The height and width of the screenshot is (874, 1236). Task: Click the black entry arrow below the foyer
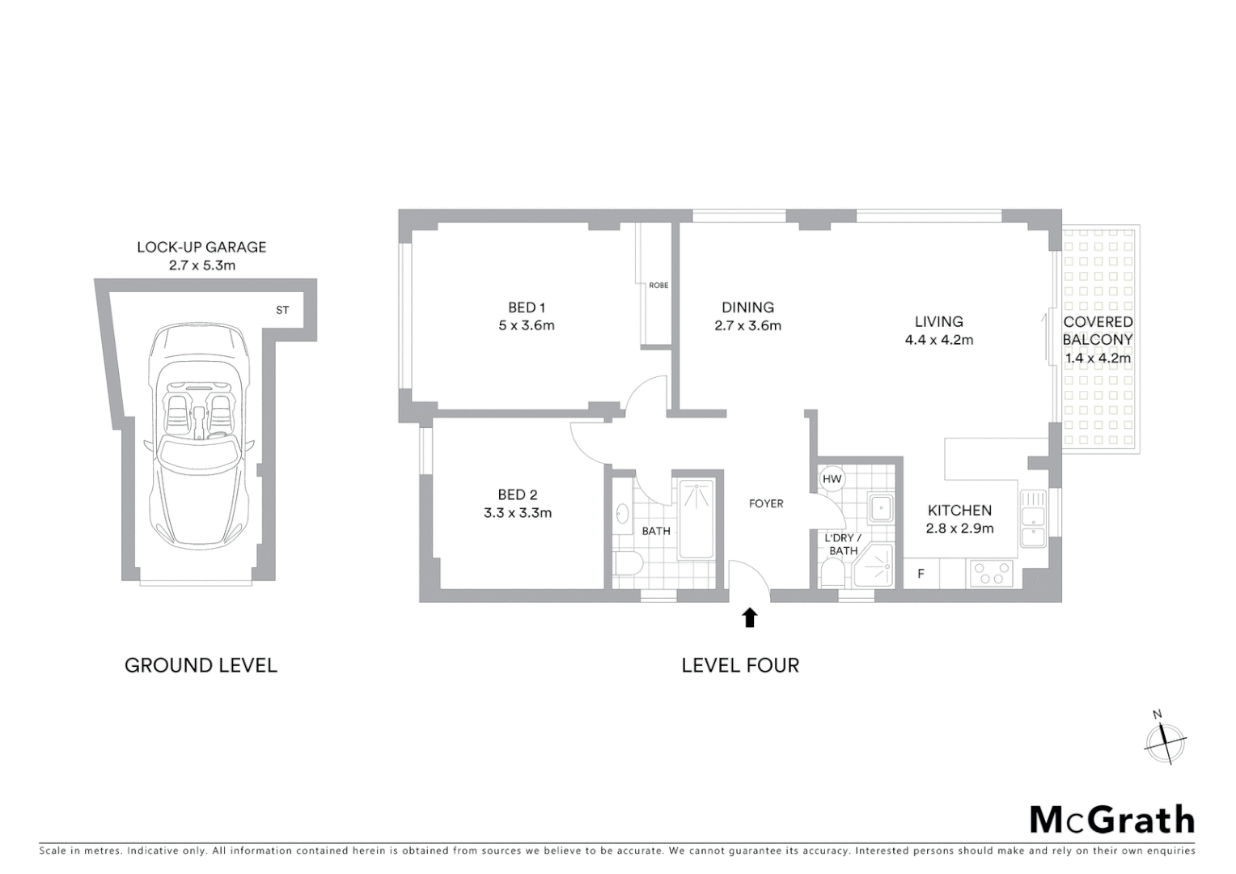[749, 618]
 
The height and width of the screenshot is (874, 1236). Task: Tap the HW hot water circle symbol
[832, 479]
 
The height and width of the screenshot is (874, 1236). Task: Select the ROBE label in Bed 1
[658, 286]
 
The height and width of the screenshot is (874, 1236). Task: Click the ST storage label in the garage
[282, 310]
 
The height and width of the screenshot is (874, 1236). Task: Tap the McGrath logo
[1111, 820]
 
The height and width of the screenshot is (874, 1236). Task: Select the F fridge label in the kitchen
[921, 575]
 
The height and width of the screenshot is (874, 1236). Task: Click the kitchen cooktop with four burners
[992, 574]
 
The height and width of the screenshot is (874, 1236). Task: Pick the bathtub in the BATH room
[696, 520]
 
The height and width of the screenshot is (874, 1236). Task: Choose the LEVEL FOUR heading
[740, 665]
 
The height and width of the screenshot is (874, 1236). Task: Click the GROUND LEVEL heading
[201, 665]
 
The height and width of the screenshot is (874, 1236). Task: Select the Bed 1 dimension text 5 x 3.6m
[526, 326]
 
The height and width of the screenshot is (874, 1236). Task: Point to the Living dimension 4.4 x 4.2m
[938, 340]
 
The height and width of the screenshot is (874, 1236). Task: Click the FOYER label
[765, 503]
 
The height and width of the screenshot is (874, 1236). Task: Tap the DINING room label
[747, 308]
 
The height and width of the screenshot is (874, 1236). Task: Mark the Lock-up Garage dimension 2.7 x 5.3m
[201, 265]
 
